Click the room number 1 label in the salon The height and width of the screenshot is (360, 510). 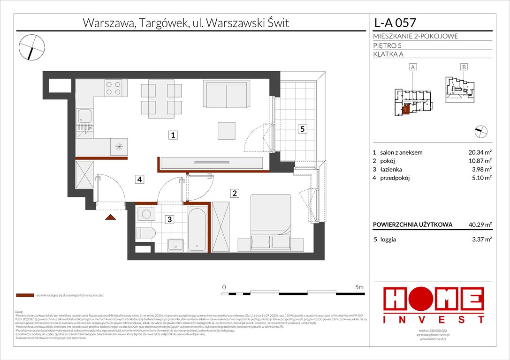(173, 135)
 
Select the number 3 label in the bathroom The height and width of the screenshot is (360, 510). (171, 218)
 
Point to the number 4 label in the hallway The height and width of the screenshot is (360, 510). (140, 179)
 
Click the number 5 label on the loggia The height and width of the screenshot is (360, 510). (303, 129)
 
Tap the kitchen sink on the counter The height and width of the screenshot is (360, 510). (85, 116)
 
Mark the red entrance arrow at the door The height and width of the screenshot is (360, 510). (111, 217)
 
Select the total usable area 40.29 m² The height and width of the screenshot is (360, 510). (476, 225)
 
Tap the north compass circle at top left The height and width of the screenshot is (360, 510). (32, 47)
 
